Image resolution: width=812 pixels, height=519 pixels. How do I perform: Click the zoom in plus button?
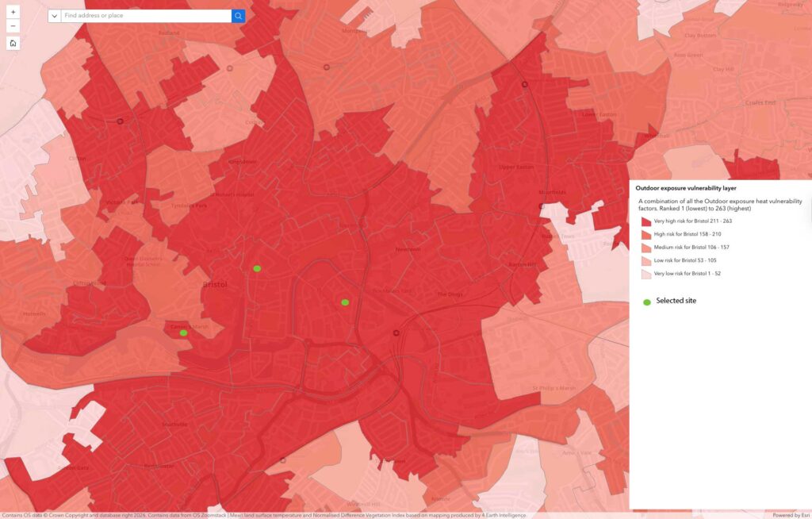(x=13, y=13)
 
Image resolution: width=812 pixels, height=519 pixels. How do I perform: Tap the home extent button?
(x=13, y=43)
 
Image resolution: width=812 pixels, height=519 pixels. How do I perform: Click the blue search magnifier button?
(x=238, y=16)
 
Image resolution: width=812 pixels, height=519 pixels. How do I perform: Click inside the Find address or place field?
(x=146, y=16)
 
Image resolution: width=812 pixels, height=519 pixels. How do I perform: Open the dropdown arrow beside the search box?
(x=54, y=16)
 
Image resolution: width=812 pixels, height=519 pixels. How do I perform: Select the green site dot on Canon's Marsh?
(x=183, y=333)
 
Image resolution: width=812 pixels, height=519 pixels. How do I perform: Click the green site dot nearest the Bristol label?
(x=257, y=269)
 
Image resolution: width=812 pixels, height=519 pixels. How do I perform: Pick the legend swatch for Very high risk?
(x=646, y=221)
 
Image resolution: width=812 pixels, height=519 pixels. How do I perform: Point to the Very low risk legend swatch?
(x=646, y=274)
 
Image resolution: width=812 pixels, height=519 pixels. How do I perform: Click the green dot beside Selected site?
(x=646, y=302)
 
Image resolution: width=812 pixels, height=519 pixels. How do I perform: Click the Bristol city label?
(x=215, y=284)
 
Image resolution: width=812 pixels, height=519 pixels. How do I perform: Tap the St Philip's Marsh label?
(x=554, y=388)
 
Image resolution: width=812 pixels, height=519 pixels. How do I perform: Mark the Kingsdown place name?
(x=243, y=162)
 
